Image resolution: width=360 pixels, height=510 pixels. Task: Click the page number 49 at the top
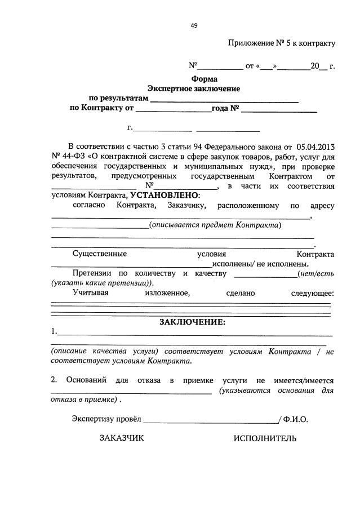click(194, 25)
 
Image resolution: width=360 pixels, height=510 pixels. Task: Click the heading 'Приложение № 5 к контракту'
click(282, 43)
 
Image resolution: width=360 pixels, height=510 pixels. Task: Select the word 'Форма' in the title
click(204, 79)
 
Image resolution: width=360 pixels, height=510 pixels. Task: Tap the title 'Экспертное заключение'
click(194, 88)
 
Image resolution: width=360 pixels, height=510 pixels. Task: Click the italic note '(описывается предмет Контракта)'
click(215, 225)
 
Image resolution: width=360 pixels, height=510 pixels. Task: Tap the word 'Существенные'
click(100, 254)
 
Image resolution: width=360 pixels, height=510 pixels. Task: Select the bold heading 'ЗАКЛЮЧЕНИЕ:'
click(192, 322)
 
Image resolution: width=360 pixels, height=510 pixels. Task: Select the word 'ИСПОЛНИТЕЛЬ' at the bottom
click(265, 438)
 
